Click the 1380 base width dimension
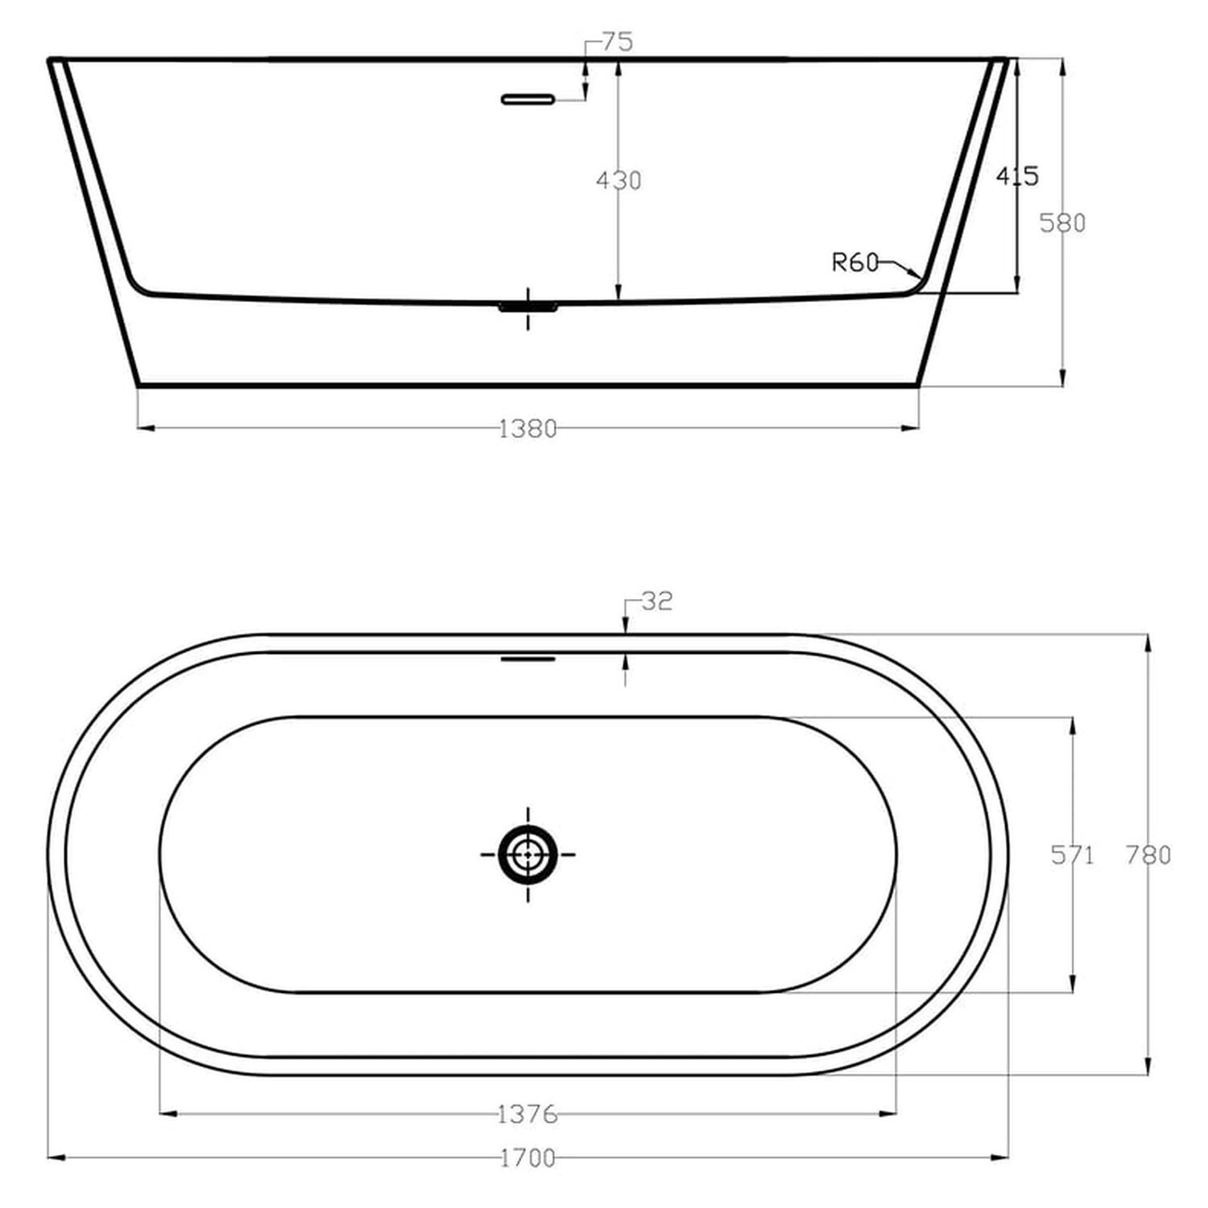pos(528,429)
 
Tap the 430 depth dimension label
pos(618,180)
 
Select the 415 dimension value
pos(1017,176)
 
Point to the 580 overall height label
pos(1062,222)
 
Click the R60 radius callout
pos(855,263)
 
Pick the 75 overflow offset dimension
pos(618,42)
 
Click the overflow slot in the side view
pos(527,99)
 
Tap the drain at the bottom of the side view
pos(527,307)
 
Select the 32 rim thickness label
pos(656,601)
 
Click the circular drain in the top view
pos(527,854)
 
